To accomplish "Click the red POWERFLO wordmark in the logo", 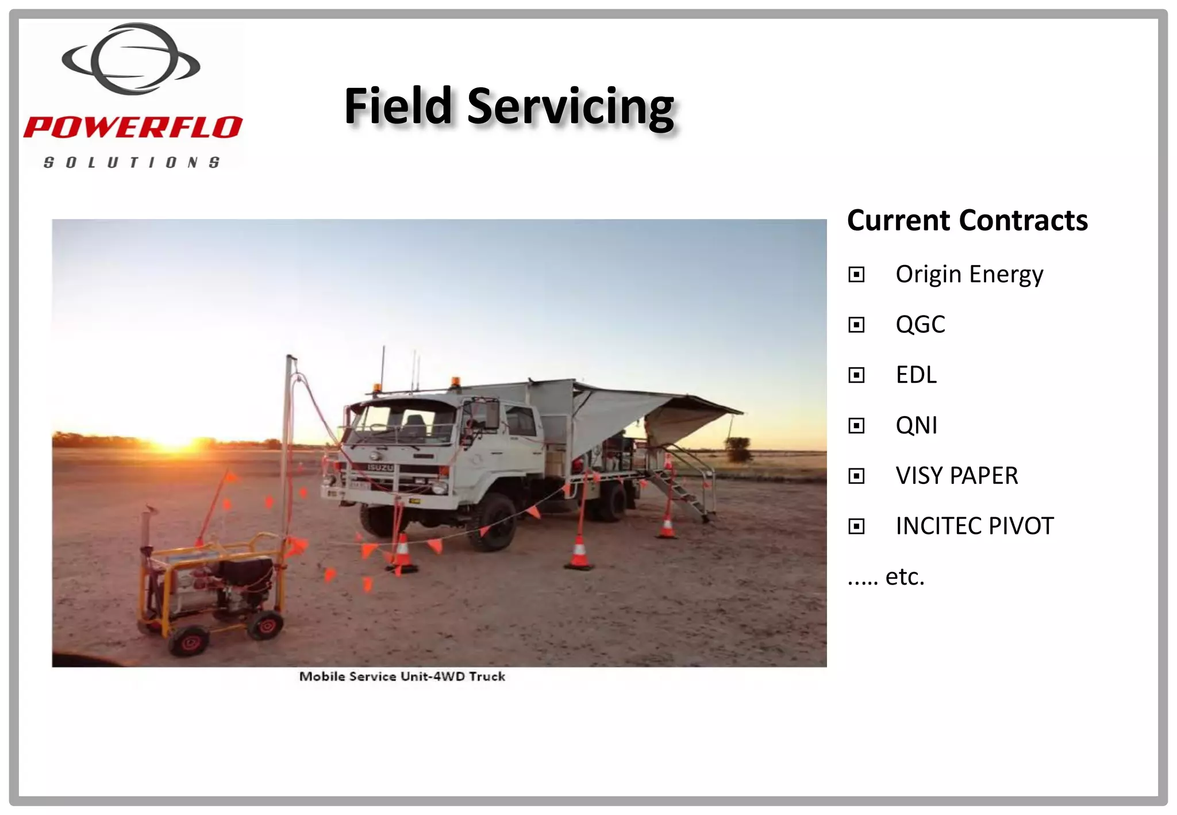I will (x=133, y=127).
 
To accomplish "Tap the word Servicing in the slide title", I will (x=570, y=107).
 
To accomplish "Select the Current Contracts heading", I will (x=967, y=221).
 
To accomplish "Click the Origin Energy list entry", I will (x=969, y=274).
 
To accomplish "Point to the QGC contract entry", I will (x=920, y=325).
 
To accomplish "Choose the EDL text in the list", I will (x=916, y=375).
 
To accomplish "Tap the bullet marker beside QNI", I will (x=856, y=426).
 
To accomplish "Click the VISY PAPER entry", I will (x=956, y=476).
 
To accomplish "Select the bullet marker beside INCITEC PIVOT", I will (x=856, y=526).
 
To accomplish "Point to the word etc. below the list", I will (x=905, y=576).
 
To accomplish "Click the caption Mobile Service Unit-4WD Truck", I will (x=402, y=676).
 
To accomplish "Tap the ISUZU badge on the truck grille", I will (x=380, y=468).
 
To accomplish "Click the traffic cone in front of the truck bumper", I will (x=403, y=553).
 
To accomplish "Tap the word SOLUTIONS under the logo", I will (x=132, y=163).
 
